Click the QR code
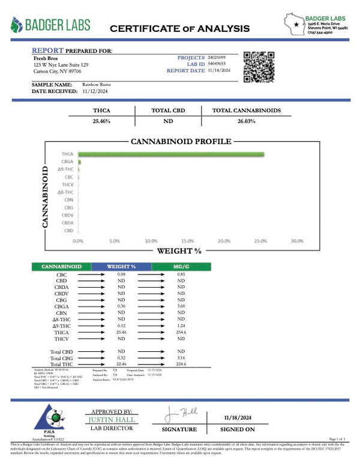(x=259, y=67)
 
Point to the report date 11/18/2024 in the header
(x=220, y=70)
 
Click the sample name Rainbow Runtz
(x=96, y=85)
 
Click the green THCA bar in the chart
(x=171, y=155)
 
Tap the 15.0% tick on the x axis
(x=187, y=241)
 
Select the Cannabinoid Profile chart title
(x=181, y=142)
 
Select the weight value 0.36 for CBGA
(x=121, y=307)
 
